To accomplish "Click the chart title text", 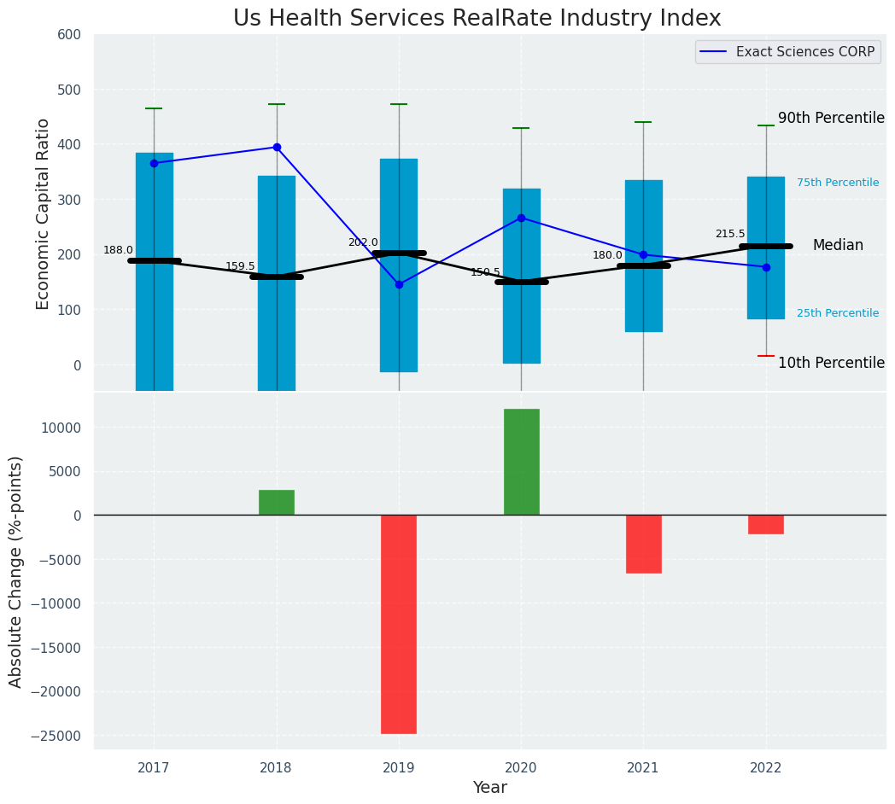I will (x=477, y=19).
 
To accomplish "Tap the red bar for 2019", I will (x=399, y=624).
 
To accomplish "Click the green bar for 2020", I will (x=521, y=462).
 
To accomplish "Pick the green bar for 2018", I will (x=277, y=503).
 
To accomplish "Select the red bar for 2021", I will (x=643, y=544).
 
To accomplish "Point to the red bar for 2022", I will (x=766, y=524).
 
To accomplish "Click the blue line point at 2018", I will (x=277, y=147).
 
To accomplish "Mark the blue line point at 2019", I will (x=399, y=284).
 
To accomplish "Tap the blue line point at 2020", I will (x=521, y=218).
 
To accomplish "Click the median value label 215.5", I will (x=730, y=234).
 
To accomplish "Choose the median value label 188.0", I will (x=118, y=250).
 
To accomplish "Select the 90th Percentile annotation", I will (x=831, y=119).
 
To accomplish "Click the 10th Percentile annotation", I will (x=831, y=363).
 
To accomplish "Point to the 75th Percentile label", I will (x=838, y=183).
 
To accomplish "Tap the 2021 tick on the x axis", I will (x=643, y=768).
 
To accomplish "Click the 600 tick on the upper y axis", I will (x=69, y=35).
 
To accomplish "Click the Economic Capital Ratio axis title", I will (x=44, y=213).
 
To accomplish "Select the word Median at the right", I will (x=838, y=246).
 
